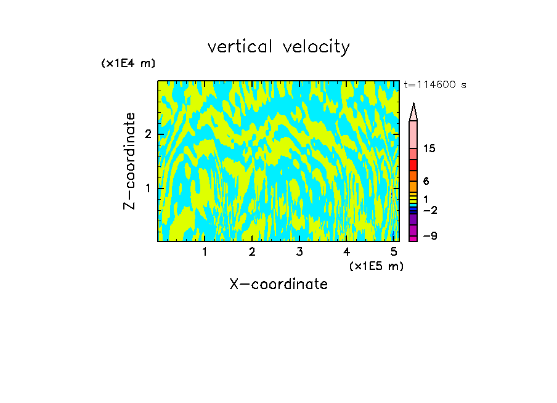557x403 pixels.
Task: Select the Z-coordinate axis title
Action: [x=129, y=161]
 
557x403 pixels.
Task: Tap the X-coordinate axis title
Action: [x=278, y=284]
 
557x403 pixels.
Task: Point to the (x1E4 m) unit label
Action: [x=128, y=63]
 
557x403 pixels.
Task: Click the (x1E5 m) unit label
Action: [x=376, y=266]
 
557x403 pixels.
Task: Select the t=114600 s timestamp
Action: [x=434, y=85]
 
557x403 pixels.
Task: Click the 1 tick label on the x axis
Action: [x=205, y=251]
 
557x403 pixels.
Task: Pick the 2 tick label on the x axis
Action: [x=252, y=251]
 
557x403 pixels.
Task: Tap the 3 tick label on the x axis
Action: [x=299, y=251]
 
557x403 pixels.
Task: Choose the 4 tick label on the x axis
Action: [x=346, y=251]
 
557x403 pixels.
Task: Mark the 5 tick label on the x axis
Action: [x=394, y=251]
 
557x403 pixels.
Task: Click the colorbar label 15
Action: [x=429, y=149]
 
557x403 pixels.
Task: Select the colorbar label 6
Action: [x=426, y=181]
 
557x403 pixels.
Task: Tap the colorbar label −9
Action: [x=429, y=236]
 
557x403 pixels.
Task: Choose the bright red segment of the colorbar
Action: [x=413, y=165]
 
